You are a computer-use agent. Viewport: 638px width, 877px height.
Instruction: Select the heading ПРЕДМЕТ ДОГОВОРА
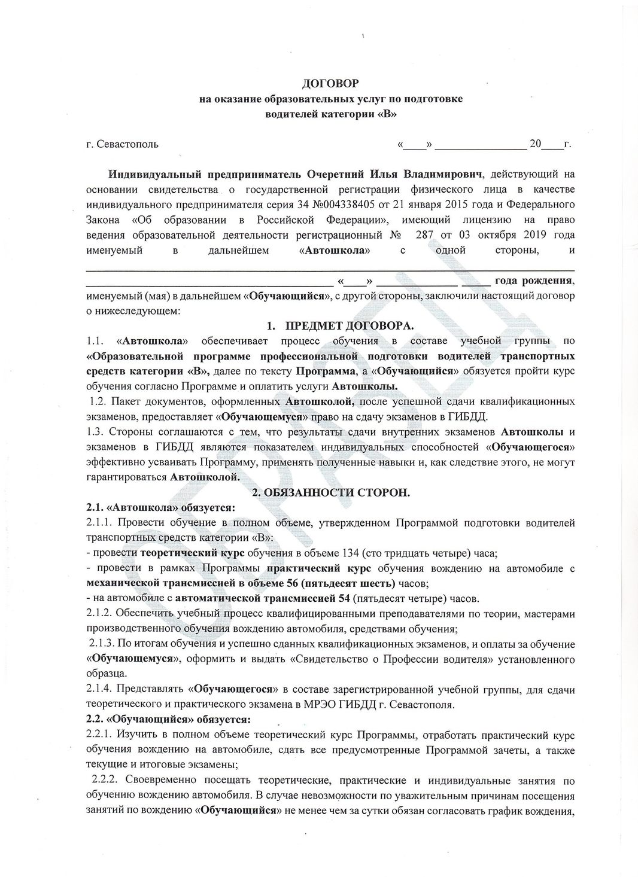point(349,325)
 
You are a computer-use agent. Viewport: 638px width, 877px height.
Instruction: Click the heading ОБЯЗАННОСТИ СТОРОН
point(336,492)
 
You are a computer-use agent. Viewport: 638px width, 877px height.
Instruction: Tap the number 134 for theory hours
point(353,552)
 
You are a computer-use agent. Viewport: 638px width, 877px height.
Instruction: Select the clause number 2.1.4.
point(99,689)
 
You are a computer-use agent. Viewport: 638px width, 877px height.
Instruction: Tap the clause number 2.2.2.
point(107,780)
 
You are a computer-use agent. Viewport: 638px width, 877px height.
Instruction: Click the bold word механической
point(122,583)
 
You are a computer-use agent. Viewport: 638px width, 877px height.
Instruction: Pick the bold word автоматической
point(215,598)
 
